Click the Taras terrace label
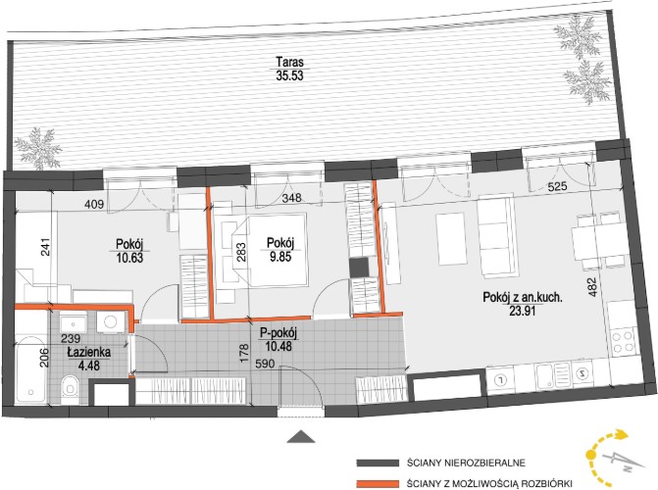289,62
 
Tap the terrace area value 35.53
289,75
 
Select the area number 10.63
130,257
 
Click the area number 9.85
280,257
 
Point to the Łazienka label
89,353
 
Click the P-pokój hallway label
278,334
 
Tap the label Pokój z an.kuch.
523,298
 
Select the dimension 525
556,186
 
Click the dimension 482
592,287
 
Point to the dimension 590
265,364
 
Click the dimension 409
94,204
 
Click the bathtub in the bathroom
30,369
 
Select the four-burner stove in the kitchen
623,341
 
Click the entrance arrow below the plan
301,436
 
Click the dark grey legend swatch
378,463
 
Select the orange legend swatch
378,484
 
